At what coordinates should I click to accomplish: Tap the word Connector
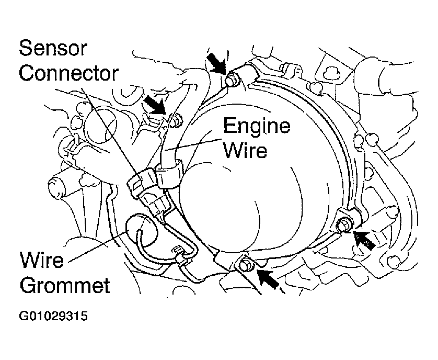click(69, 74)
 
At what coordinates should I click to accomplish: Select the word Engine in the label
click(257, 126)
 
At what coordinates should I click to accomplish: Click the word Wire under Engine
click(245, 150)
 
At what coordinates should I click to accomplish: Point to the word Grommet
click(64, 285)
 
